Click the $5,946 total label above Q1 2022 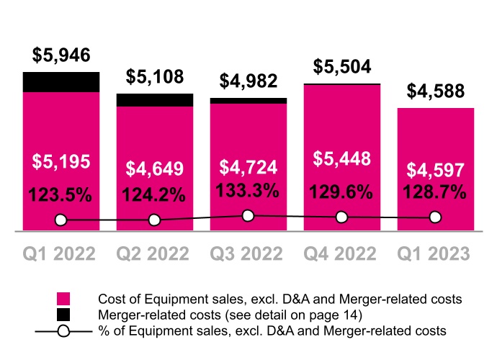[x=61, y=55]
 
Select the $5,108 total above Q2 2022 [x=154, y=76]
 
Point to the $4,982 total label [x=247, y=81]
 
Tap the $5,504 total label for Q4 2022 [x=341, y=67]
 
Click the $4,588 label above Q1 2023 [x=435, y=92]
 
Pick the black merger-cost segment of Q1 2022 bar [x=61, y=82]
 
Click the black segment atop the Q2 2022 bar [x=154, y=100]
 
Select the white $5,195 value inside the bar [x=61, y=162]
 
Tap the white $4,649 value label [x=154, y=170]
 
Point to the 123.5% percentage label [x=61, y=194]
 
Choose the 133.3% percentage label [x=247, y=190]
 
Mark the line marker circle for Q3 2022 [x=248, y=215]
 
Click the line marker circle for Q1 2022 [x=61, y=220]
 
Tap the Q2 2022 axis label [x=154, y=254]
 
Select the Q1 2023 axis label [x=435, y=254]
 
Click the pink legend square [x=64, y=298]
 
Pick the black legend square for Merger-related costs [x=64, y=314]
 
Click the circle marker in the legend [x=64, y=330]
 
